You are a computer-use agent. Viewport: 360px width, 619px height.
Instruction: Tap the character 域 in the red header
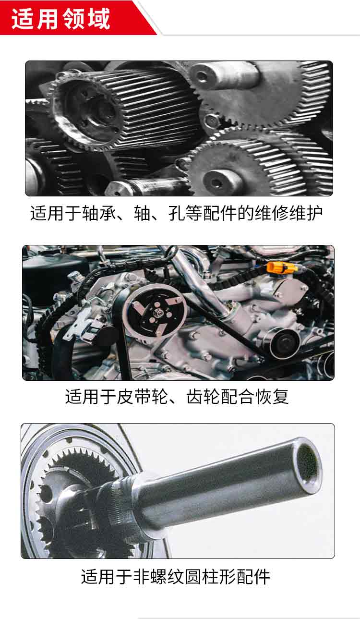99,19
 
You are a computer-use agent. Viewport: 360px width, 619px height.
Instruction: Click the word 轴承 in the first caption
99,213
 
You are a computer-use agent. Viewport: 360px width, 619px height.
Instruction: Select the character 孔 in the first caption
177,213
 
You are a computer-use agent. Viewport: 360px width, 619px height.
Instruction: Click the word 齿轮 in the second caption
204,397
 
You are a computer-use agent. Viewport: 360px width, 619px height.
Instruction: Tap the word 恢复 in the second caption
272,397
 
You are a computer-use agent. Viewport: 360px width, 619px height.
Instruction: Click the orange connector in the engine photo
282,267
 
